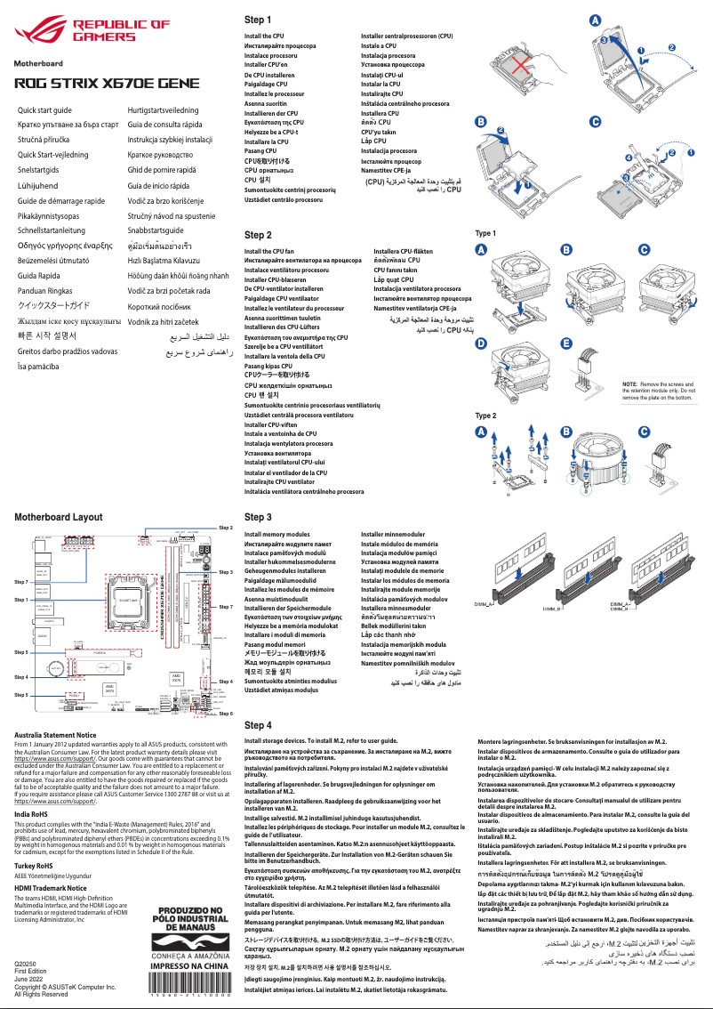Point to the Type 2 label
click(486, 416)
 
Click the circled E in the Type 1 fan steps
click(566, 343)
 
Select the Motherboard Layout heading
click(58, 517)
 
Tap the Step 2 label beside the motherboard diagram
click(226, 527)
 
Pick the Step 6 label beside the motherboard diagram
click(226, 714)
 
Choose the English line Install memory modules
click(276, 534)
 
